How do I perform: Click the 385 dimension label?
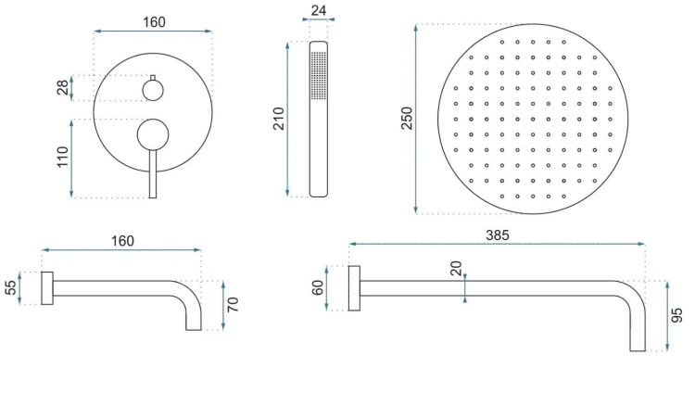(498, 235)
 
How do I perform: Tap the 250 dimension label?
(407, 119)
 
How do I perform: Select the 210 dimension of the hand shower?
(278, 119)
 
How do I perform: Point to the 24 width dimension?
(319, 10)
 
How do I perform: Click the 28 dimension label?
(63, 87)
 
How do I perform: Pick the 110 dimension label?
(63, 157)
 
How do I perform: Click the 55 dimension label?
(10, 287)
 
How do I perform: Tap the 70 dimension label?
(233, 305)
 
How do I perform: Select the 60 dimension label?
(318, 288)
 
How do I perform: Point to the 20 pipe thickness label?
(456, 269)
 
